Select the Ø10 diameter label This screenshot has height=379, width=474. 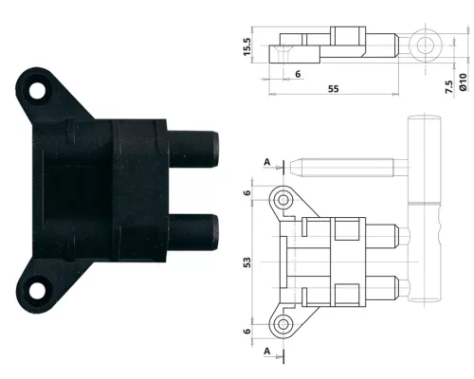pyautogui.click(x=464, y=83)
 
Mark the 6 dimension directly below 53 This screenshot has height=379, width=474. pyautogui.click(x=247, y=331)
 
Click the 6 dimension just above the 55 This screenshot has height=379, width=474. pyautogui.click(x=298, y=74)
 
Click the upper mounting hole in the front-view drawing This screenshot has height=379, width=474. pyautogui.click(x=283, y=201)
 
